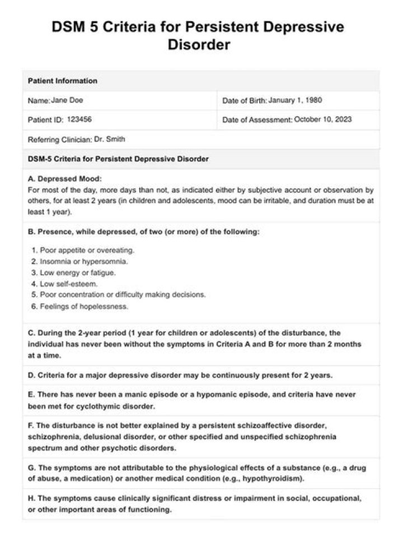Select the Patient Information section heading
(x=62, y=81)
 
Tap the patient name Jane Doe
(x=67, y=101)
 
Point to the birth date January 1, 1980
(x=295, y=101)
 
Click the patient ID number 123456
(x=79, y=120)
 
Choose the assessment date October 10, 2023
(x=323, y=120)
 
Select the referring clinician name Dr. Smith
(x=110, y=139)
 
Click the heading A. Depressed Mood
(x=65, y=179)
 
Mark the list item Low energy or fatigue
(x=77, y=272)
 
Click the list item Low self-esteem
(x=68, y=284)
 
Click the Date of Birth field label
(x=245, y=101)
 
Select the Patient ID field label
(x=46, y=120)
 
